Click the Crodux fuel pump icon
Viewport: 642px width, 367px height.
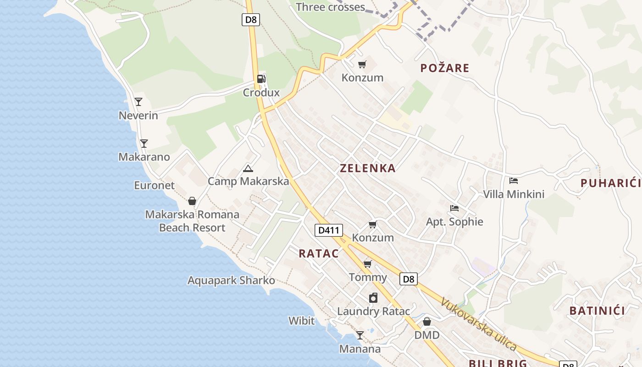[261, 79]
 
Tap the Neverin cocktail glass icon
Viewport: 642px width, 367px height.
[138, 101]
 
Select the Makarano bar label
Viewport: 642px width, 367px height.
[144, 157]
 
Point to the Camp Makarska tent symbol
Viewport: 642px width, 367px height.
[248, 168]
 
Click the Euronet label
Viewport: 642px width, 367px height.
[154, 185]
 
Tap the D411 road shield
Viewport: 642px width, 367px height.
[329, 230]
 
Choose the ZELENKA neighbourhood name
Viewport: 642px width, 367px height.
[367, 168]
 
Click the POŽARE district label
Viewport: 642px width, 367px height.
[445, 68]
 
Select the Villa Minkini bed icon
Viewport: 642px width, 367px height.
[514, 181]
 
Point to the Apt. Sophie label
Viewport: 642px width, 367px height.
[454, 222]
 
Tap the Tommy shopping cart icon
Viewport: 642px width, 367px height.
[367, 264]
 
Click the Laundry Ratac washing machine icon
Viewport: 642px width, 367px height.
[373, 298]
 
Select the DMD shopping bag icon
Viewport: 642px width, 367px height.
[427, 322]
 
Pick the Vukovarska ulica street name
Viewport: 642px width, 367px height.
[479, 324]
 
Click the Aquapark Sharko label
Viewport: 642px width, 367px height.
[231, 280]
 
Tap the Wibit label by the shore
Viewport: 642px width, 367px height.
[301, 321]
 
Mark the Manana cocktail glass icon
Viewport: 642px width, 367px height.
[360, 335]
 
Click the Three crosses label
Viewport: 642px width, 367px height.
[330, 7]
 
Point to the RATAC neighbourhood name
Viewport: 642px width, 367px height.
[319, 254]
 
